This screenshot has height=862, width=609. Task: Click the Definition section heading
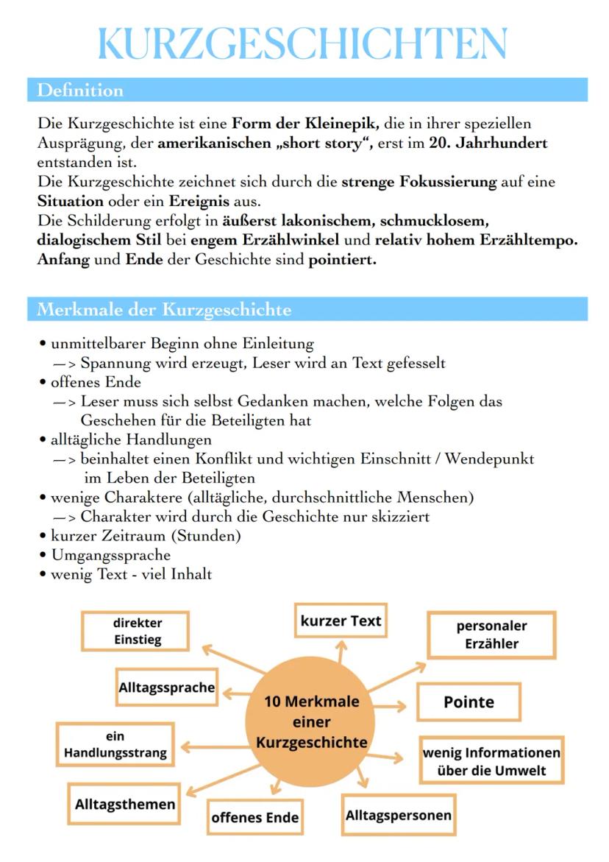80,91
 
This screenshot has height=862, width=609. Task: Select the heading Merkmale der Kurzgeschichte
163,310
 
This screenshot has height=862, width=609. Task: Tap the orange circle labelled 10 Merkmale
311,722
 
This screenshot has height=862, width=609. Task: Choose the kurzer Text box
341,621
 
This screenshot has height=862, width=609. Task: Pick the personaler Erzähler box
491,635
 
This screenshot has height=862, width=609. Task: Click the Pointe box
469,702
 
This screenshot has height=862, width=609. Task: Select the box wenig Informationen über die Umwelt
491,762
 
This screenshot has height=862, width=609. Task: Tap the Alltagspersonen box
398,815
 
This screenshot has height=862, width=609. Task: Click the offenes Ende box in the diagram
254,817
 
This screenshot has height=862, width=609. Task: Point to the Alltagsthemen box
125,804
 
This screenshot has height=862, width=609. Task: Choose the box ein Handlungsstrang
115,745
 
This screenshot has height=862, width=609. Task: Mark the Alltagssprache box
167,688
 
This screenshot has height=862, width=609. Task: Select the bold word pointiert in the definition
342,260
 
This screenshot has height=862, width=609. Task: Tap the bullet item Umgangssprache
110,555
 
